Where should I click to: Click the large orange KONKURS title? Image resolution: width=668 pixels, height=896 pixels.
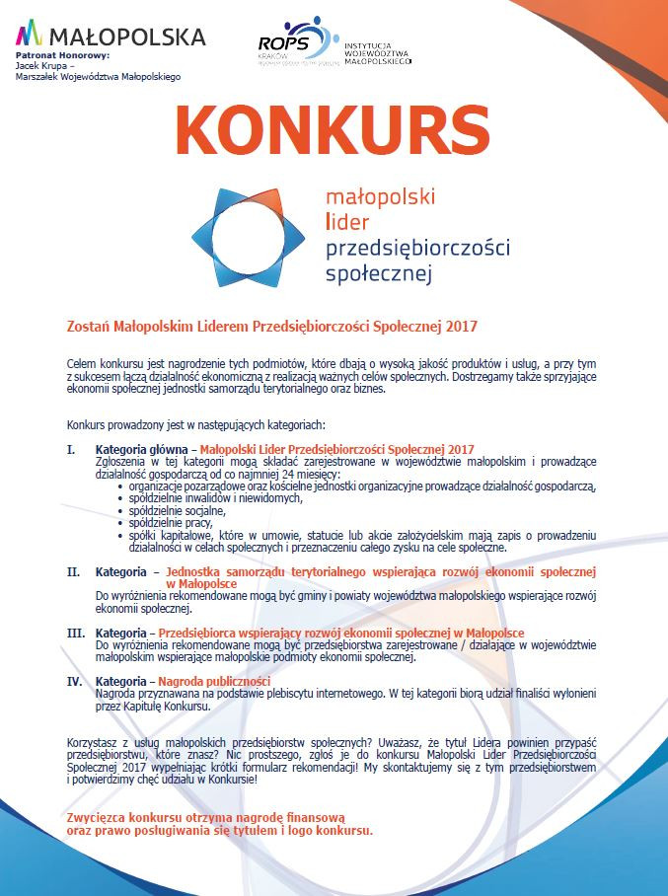pos(333,127)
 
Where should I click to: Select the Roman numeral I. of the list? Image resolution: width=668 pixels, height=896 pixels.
pos(70,449)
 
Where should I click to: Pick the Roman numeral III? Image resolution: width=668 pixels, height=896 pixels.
pos(75,633)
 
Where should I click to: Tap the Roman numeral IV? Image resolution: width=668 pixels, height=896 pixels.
pos(74,682)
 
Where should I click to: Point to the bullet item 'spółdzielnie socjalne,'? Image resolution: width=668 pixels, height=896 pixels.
pos(171,510)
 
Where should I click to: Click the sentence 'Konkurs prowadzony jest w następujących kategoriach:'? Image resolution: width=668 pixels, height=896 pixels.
pos(195,425)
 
